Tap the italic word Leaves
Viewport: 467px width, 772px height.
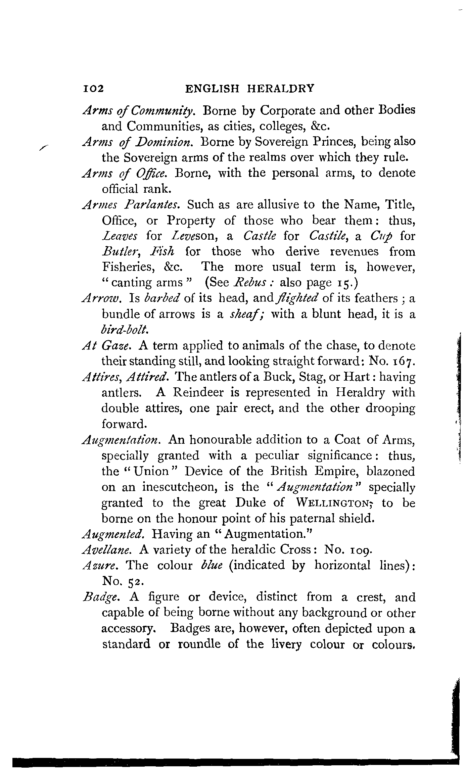119,236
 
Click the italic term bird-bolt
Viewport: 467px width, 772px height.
125,330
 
